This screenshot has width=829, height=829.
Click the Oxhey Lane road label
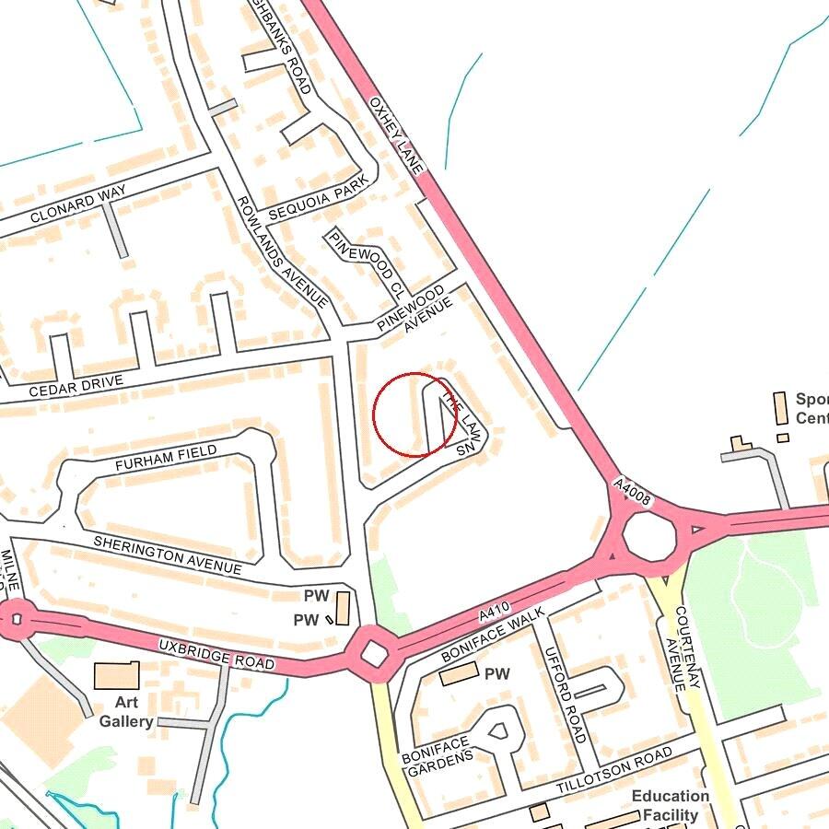(397, 134)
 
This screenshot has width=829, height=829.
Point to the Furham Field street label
(166, 458)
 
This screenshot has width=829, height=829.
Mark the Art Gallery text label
(126, 712)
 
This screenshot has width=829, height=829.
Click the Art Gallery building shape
(116, 676)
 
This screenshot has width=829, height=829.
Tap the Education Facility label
(670, 805)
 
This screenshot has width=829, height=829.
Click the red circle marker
(414, 414)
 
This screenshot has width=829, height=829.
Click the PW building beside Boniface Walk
(458, 674)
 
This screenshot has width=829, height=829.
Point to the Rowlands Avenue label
(282, 251)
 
